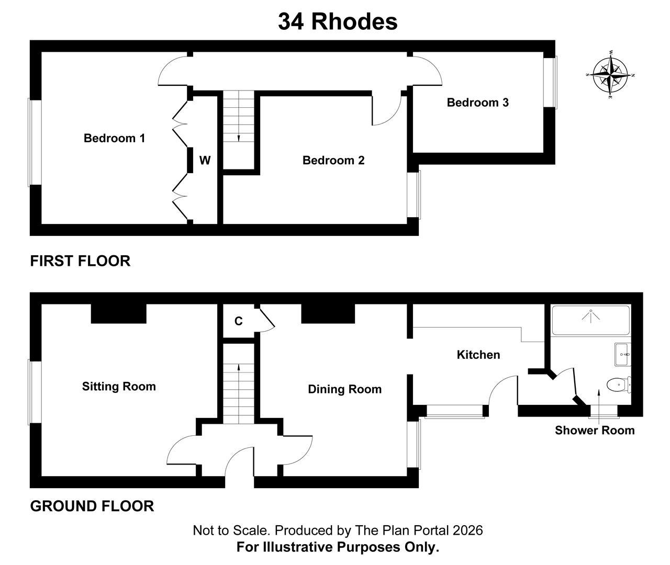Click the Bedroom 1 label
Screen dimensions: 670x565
pyautogui.click(x=114, y=138)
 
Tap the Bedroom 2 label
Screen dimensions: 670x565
pyautogui.click(x=333, y=160)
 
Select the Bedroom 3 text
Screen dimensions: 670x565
pyautogui.click(x=478, y=103)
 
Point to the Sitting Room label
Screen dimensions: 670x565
pyautogui.click(x=119, y=387)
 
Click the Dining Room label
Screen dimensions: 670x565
pyautogui.click(x=345, y=389)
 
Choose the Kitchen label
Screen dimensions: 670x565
pyautogui.click(x=478, y=355)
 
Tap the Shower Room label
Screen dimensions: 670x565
pyautogui.click(x=595, y=431)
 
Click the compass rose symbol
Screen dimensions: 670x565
pyautogui.click(x=610, y=75)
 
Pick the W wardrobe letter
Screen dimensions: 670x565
pyautogui.click(x=205, y=160)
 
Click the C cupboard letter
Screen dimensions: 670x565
pyautogui.click(x=238, y=321)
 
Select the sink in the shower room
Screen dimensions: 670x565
pyautogui.click(x=623, y=354)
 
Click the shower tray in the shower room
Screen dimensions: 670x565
pyautogui.click(x=591, y=320)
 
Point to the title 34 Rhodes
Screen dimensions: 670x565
pyautogui.click(x=338, y=22)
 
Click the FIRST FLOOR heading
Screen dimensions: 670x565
pyautogui.click(x=80, y=261)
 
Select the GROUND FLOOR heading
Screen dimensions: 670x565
pyautogui.click(x=92, y=506)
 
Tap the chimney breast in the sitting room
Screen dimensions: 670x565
pyautogui.click(x=119, y=313)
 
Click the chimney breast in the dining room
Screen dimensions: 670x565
pyautogui.click(x=328, y=313)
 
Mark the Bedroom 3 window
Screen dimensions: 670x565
pyautogui.click(x=550, y=83)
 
